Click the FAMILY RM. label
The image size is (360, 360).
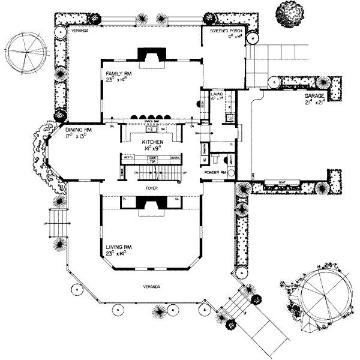pos(115,73)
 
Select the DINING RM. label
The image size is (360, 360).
pos(78,128)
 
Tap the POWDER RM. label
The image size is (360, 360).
pos(215,172)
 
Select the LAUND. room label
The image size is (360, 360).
pos(217,94)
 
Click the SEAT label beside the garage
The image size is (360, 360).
pos(282,182)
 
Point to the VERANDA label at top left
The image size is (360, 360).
pos(80,29)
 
